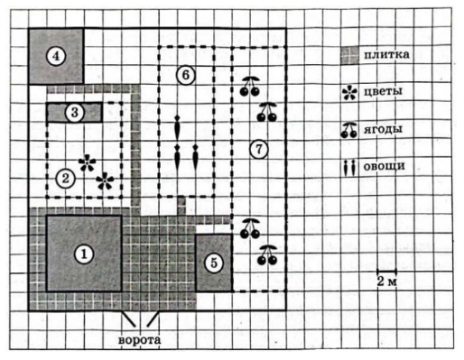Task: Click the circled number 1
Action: click(x=84, y=254)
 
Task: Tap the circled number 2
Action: click(x=65, y=179)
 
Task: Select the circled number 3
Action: click(x=75, y=113)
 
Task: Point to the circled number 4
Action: click(x=56, y=56)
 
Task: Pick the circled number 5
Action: click(x=214, y=263)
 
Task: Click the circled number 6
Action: click(x=186, y=75)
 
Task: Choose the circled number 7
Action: click(x=259, y=149)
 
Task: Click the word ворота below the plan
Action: click(x=139, y=340)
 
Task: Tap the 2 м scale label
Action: click(x=387, y=282)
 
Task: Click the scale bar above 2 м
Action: click(x=386, y=271)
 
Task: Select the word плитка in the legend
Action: click(x=386, y=55)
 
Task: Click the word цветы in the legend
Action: click(x=383, y=91)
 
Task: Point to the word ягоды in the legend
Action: click(x=383, y=129)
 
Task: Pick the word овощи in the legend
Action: click(x=384, y=166)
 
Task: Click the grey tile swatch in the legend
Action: click(x=349, y=56)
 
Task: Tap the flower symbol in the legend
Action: click(x=350, y=93)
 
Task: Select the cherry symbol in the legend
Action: click(x=349, y=131)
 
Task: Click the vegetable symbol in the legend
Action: click(x=349, y=168)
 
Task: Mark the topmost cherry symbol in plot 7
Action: click(x=250, y=87)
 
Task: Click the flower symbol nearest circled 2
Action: click(x=87, y=163)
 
